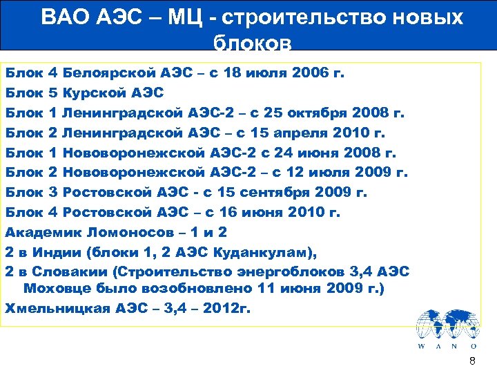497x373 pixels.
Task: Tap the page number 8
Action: (472, 361)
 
